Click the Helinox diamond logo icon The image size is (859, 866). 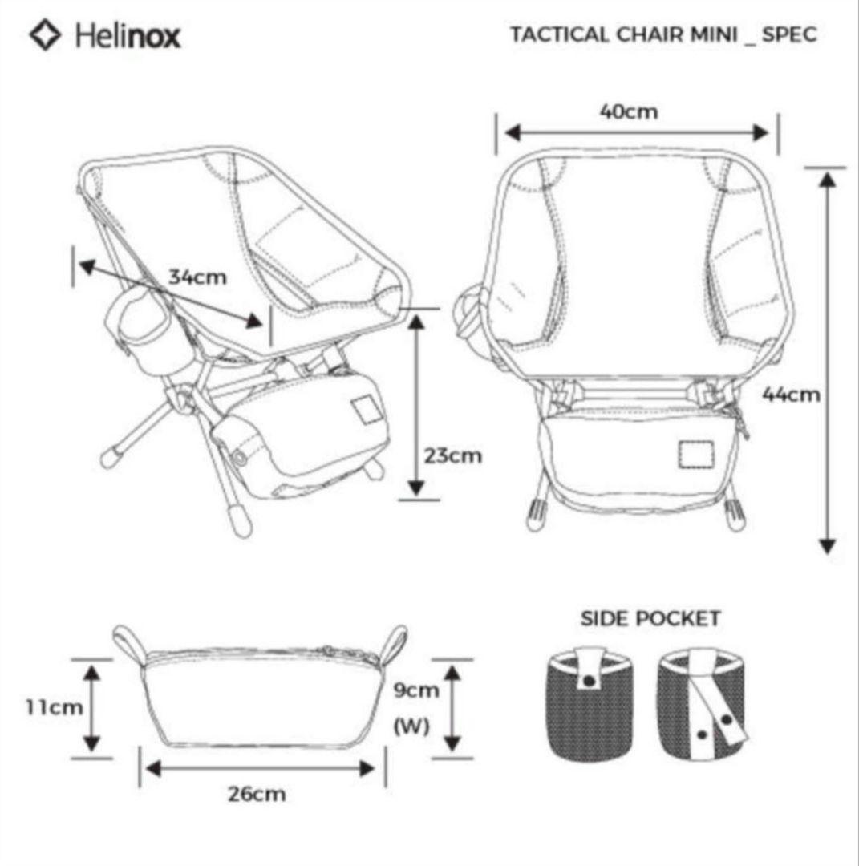click(46, 36)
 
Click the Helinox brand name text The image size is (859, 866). click(128, 37)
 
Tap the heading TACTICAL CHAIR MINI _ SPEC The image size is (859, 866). click(663, 35)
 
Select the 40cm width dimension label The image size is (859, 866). click(628, 111)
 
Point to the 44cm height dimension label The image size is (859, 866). click(792, 394)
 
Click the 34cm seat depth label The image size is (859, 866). click(197, 277)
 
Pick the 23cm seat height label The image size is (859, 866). click(453, 455)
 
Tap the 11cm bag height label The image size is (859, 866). click(54, 707)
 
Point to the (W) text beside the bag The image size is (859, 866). click(411, 726)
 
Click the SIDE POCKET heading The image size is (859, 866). click(650, 618)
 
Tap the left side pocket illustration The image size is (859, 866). click(590, 704)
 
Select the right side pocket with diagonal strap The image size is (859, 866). click(705, 704)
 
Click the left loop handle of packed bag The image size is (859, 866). click(128, 643)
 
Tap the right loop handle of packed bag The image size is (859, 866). click(395, 643)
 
